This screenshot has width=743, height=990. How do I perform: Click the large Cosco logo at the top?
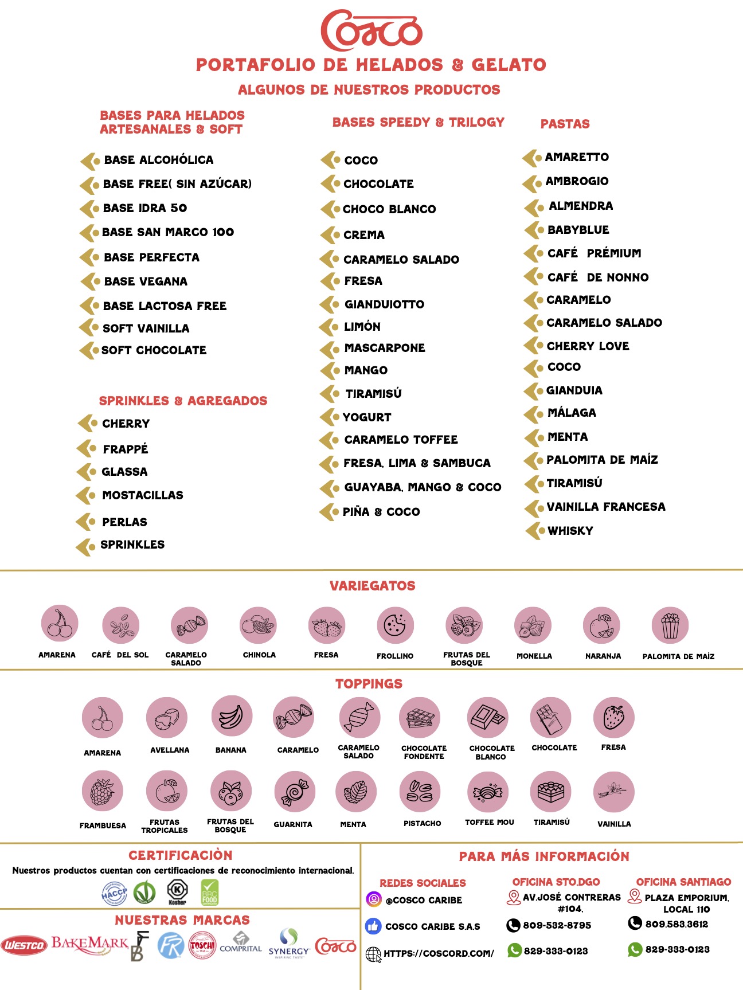click(x=372, y=30)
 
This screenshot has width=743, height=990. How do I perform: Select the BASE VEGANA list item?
click(x=146, y=281)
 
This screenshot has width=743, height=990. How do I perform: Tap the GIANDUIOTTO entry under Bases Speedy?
click(x=384, y=304)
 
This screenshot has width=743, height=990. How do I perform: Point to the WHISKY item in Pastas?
click(x=570, y=531)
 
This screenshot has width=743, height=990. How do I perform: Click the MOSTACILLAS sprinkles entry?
click(x=142, y=495)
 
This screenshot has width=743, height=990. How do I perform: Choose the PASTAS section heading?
click(x=565, y=124)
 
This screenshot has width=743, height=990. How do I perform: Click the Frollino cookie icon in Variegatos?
click(x=395, y=625)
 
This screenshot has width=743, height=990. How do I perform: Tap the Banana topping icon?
click(x=231, y=717)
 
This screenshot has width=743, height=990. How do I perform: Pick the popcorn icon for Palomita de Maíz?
click(x=670, y=625)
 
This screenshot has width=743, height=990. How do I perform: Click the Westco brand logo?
click(x=24, y=945)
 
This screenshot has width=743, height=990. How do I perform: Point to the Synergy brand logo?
click(x=289, y=944)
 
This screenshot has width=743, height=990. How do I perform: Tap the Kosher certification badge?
click(x=177, y=892)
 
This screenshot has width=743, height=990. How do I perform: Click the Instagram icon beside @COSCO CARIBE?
click(x=374, y=899)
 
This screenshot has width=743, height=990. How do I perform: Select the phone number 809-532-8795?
click(x=556, y=925)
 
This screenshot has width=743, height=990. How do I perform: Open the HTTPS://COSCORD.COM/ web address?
click(x=438, y=953)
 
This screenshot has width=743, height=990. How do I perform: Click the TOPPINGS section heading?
click(x=369, y=684)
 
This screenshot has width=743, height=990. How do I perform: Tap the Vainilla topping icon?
click(x=614, y=792)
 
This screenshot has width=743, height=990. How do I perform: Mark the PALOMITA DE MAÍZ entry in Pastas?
click(x=601, y=460)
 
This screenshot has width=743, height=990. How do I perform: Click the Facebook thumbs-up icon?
click(x=373, y=926)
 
